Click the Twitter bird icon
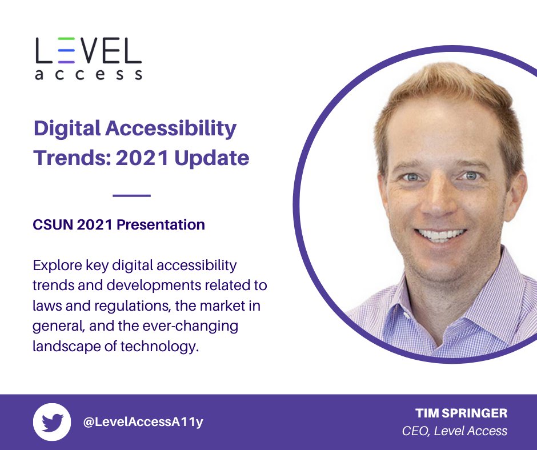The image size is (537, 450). click(x=52, y=423)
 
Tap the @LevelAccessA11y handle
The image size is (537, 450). click(x=143, y=422)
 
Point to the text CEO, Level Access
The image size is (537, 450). click(x=455, y=431)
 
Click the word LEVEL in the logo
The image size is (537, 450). click(x=88, y=51)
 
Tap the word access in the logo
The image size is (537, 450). click(x=88, y=74)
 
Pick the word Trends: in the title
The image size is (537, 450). click(x=70, y=158)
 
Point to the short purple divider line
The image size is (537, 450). click(x=131, y=196)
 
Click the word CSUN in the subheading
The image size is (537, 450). click(x=53, y=225)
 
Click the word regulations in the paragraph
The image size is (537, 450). click(x=127, y=306)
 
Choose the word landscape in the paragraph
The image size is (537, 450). click(x=64, y=347)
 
